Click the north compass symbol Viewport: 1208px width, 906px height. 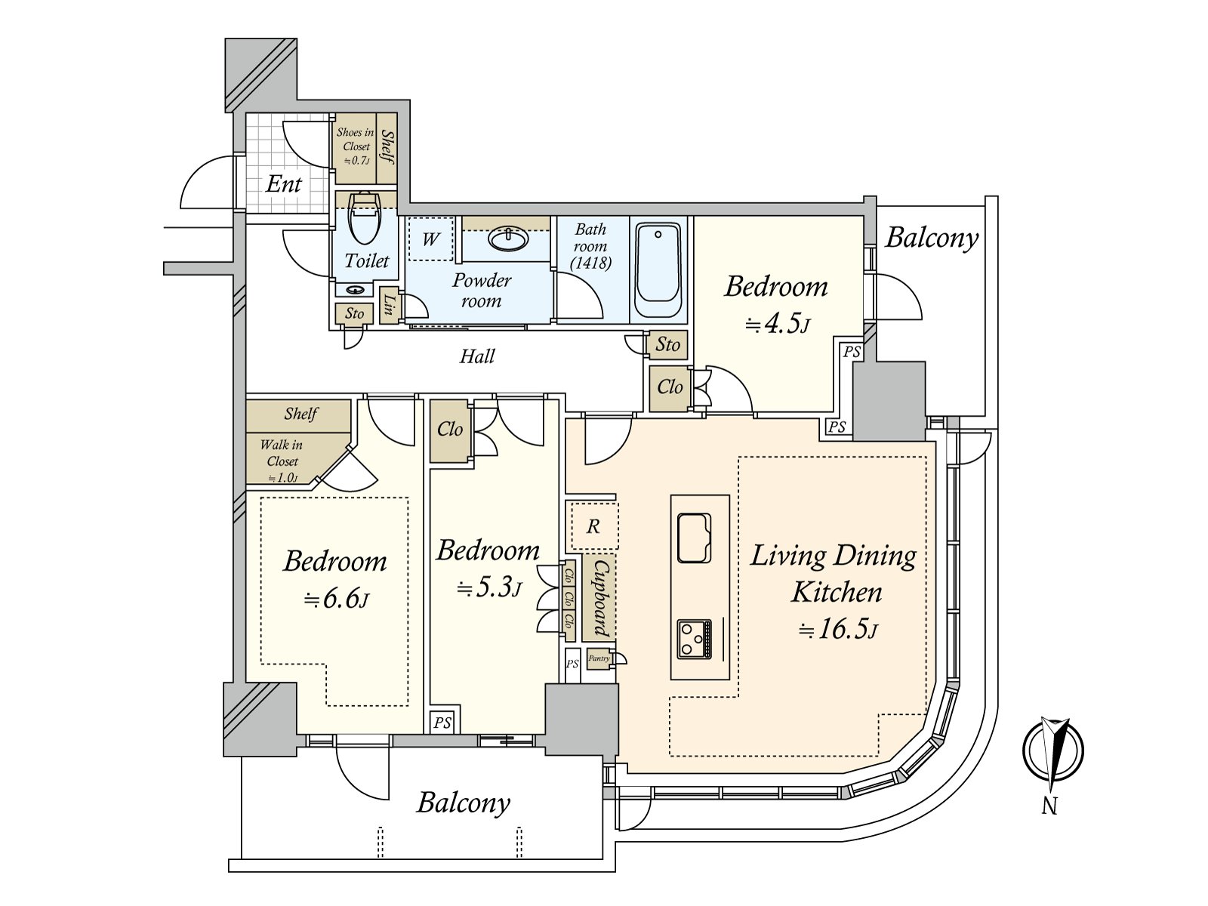pos(1052,749)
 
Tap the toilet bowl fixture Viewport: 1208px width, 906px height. pos(365,219)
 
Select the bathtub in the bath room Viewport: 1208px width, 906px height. pos(658,270)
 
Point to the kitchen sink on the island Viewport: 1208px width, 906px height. pos(695,538)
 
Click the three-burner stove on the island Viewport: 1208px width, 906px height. pos(694,639)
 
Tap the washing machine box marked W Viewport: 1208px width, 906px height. pos(430,239)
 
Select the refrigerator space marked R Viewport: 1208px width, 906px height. pos(593,526)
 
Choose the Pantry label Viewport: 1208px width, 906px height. pos(599,658)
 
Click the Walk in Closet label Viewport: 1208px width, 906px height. pos(282,460)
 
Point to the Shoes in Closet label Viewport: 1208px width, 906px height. pos(356,145)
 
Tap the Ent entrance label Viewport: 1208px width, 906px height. pos(284,183)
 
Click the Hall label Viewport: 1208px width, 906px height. pos(477,356)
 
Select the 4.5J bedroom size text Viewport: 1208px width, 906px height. pos(778,324)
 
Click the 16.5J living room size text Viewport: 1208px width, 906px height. pos(838,628)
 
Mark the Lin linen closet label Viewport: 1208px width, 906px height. pos(390,305)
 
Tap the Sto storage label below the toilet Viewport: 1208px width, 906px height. pos(354,313)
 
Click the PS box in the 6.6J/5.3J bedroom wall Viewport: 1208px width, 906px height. pos(442,723)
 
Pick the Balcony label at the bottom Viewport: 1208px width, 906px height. pos(464,802)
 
